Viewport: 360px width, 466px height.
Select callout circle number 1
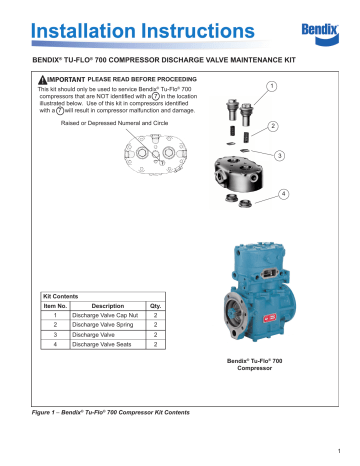coord(301,87)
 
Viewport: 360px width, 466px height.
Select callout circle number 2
coord(300,128)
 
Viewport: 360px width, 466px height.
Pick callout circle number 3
coord(308,156)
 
